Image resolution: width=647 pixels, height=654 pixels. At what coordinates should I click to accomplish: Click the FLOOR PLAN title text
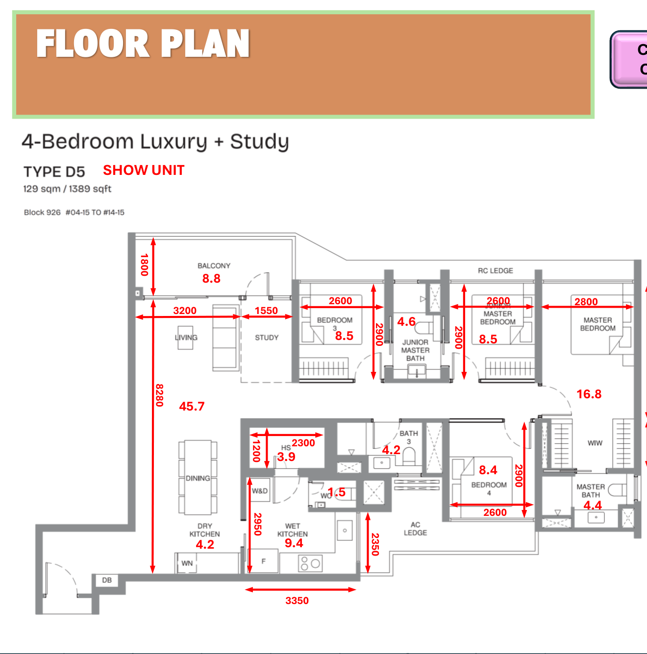[x=143, y=44]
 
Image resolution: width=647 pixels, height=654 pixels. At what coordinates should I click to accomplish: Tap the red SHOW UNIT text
[x=144, y=170]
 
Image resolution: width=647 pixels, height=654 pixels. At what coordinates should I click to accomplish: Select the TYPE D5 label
[x=54, y=172]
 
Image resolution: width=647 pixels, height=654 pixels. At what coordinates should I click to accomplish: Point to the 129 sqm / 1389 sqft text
[x=67, y=189]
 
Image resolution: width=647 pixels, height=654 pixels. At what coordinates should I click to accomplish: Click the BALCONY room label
[x=214, y=266]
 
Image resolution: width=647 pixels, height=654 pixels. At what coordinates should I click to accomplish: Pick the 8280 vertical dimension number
[x=159, y=395]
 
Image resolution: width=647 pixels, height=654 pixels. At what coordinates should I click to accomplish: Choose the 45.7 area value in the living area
[x=192, y=406]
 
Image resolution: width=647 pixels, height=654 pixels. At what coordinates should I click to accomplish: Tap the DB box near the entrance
[x=107, y=581]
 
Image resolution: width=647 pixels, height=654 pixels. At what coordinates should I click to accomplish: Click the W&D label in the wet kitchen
[x=260, y=491]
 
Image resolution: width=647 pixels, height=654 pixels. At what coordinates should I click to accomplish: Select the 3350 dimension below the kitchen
[x=297, y=601]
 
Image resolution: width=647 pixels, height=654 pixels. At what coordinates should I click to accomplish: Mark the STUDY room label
[x=267, y=338]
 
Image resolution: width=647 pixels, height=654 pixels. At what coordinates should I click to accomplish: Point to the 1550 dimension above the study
[x=266, y=311]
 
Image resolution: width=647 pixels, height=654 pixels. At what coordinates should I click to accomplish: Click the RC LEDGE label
[x=496, y=270]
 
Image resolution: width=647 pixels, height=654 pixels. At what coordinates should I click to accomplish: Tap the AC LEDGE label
[x=415, y=529]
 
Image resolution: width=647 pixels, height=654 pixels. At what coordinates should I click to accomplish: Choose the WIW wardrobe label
[x=595, y=443]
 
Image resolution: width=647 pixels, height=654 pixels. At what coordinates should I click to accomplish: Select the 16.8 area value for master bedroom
[x=589, y=394]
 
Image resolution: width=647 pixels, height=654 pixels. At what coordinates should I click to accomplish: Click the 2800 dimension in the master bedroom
[x=586, y=302]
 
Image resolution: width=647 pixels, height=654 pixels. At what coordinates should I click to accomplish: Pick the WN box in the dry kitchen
[x=187, y=563]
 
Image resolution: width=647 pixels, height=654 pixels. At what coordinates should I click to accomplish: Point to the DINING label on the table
[x=198, y=478]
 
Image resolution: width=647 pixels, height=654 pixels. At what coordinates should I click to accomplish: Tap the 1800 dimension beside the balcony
[x=144, y=265]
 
